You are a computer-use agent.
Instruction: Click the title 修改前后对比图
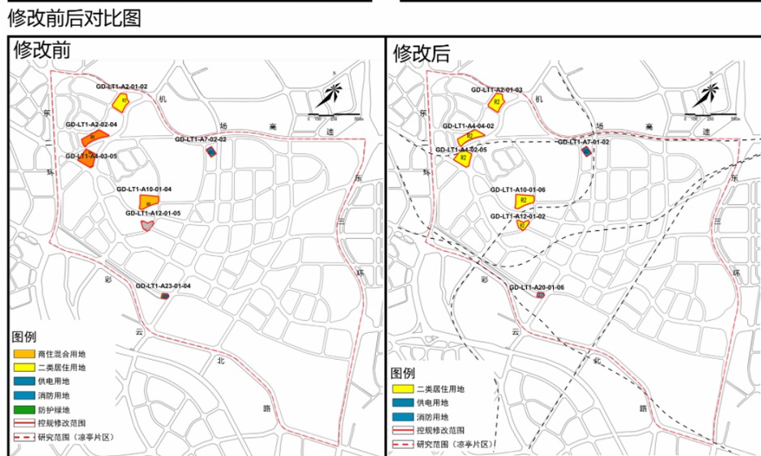(74, 18)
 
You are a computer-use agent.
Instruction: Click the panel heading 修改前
(42, 50)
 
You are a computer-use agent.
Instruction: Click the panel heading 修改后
(421, 53)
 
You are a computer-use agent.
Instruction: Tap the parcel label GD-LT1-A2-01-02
(121, 86)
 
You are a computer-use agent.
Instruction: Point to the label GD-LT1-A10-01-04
(144, 189)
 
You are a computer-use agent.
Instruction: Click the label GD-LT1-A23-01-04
(163, 285)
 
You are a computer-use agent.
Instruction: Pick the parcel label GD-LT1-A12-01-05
(153, 213)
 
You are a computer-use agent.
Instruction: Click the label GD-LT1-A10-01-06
(518, 190)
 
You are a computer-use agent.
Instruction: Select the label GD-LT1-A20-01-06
(537, 287)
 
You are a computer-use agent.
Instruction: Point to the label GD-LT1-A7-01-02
(583, 142)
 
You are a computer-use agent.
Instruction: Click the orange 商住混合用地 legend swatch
(23, 353)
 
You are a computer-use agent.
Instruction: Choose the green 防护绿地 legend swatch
(23, 410)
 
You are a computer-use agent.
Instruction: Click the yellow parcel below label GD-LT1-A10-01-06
(525, 201)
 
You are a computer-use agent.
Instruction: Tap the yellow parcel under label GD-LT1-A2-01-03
(498, 101)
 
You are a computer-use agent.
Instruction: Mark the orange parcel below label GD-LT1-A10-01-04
(148, 201)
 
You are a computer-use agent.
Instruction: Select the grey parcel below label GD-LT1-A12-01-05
(147, 225)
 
